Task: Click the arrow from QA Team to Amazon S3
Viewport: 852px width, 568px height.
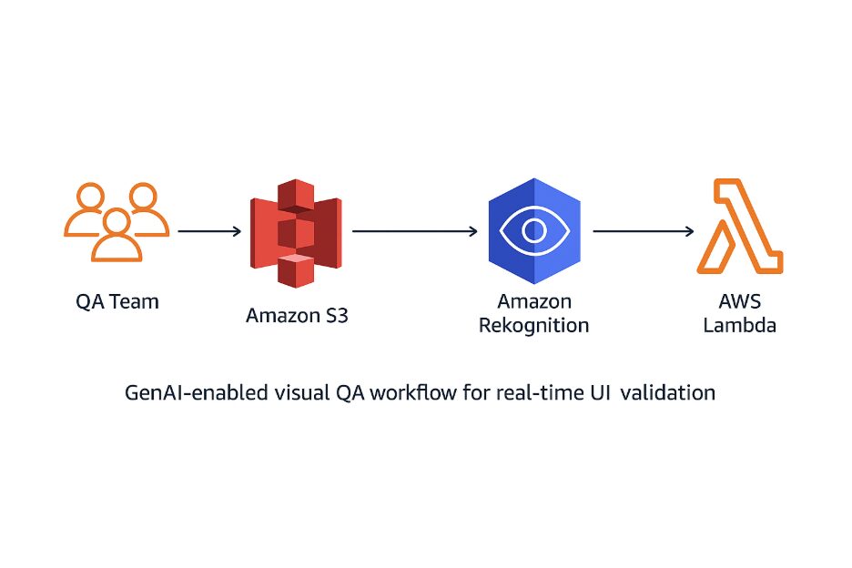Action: coord(209,232)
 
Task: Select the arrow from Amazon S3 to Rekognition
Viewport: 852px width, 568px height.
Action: coord(414,232)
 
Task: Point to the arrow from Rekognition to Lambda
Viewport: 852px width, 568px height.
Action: coord(643,232)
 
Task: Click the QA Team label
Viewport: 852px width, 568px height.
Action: coord(117,301)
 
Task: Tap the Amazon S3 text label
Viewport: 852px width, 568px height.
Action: coord(297,316)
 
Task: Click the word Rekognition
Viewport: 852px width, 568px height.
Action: coord(533,325)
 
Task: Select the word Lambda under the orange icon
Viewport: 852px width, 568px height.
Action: coord(739,325)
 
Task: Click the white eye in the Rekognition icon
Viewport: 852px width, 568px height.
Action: coord(533,231)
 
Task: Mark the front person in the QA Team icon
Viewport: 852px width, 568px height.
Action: coord(116,237)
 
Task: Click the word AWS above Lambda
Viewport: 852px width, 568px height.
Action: coord(739,301)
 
